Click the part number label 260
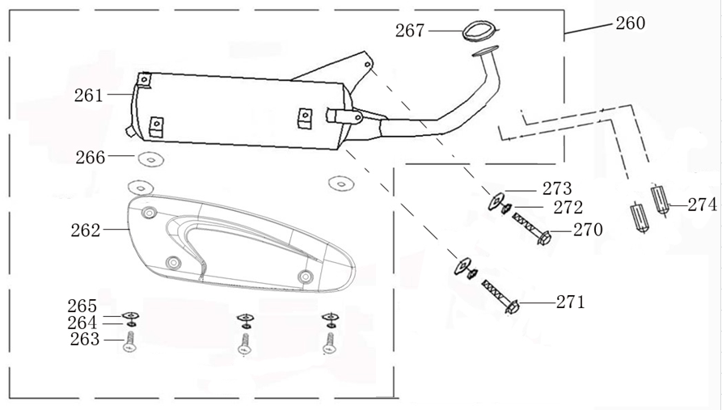click(631, 23)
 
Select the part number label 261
click(88, 95)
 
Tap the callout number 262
click(85, 230)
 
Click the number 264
click(82, 323)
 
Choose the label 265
click(82, 306)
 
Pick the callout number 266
click(90, 157)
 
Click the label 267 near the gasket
click(410, 31)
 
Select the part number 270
click(588, 230)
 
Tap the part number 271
click(570, 302)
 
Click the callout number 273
click(557, 189)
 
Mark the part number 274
click(703, 205)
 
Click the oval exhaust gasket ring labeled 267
click(477, 31)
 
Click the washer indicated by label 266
click(146, 158)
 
